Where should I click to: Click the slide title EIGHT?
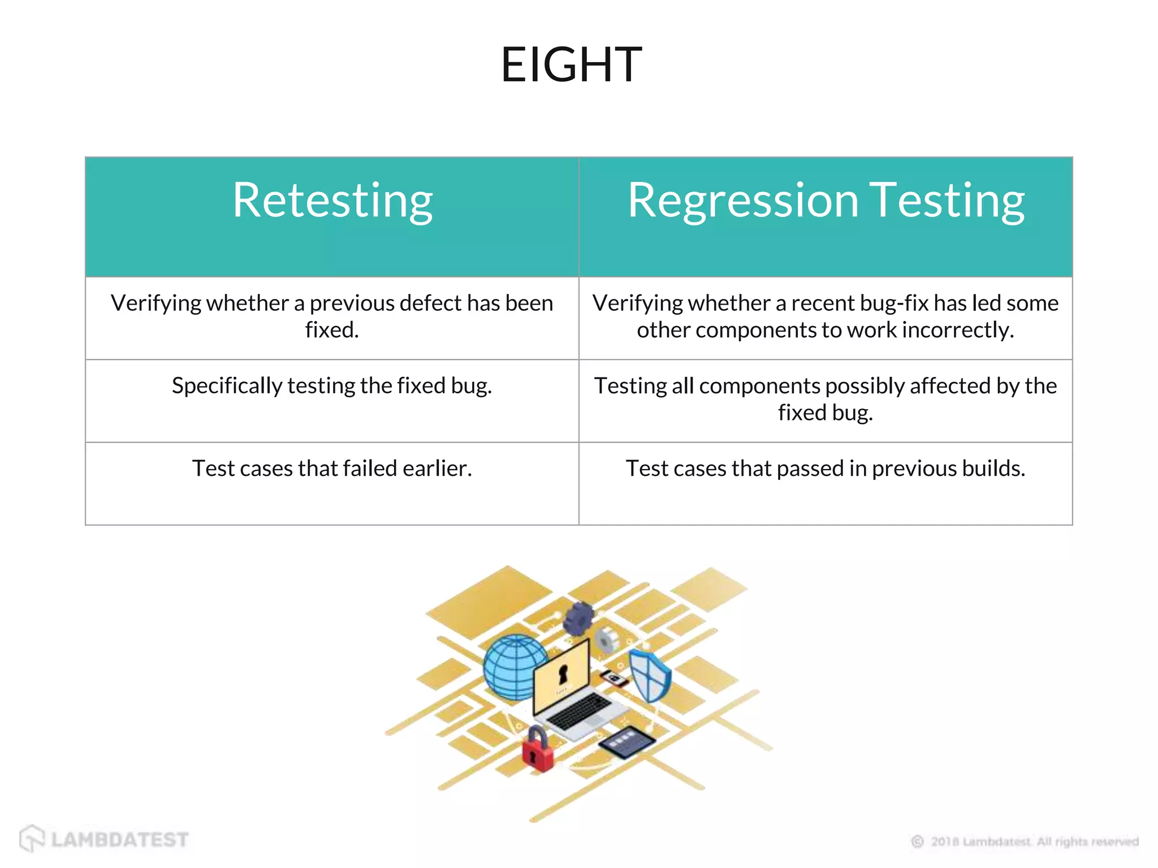click(x=571, y=65)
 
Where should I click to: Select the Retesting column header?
click(x=332, y=201)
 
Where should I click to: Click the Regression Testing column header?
click(x=826, y=201)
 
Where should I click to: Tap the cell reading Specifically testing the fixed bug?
click(x=332, y=386)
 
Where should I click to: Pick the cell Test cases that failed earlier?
click(x=332, y=468)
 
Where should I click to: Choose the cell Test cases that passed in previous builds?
click(x=826, y=468)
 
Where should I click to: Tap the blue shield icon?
click(x=650, y=675)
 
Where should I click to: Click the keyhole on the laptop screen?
click(x=563, y=673)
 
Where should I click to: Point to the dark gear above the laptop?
click(x=578, y=618)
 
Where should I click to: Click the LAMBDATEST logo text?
click(x=119, y=840)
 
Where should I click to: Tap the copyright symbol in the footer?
click(x=917, y=842)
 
